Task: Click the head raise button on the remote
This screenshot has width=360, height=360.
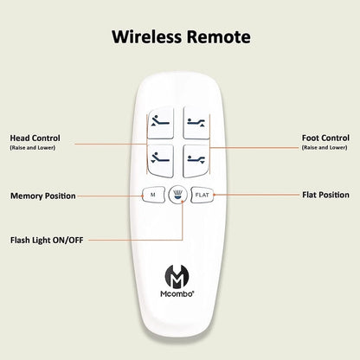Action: (x=161, y=123)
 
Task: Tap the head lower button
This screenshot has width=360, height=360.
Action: (x=161, y=161)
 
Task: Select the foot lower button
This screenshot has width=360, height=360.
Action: (x=196, y=161)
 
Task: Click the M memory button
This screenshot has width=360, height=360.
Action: (x=153, y=195)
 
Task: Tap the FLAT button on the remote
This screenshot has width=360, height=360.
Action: (x=202, y=195)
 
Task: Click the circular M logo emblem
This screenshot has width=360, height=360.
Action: (x=177, y=277)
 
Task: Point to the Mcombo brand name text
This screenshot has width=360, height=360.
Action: (x=177, y=294)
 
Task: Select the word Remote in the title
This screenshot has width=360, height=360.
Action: (x=218, y=37)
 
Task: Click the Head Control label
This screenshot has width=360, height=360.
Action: (x=35, y=138)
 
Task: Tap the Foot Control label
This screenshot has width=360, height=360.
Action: (x=325, y=138)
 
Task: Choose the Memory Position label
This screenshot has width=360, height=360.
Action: (x=43, y=196)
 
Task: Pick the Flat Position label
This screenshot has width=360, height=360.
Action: (x=326, y=195)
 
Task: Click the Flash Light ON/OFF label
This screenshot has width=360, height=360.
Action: (x=47, y=240)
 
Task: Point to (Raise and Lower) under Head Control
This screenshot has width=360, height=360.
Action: (x=33, y=148)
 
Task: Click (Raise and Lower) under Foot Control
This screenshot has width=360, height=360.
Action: (x=325, y=148)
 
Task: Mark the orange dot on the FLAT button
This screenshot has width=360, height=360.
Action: (x=214, y=195)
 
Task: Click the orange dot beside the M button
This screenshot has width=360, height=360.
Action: (x=143, y=196)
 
